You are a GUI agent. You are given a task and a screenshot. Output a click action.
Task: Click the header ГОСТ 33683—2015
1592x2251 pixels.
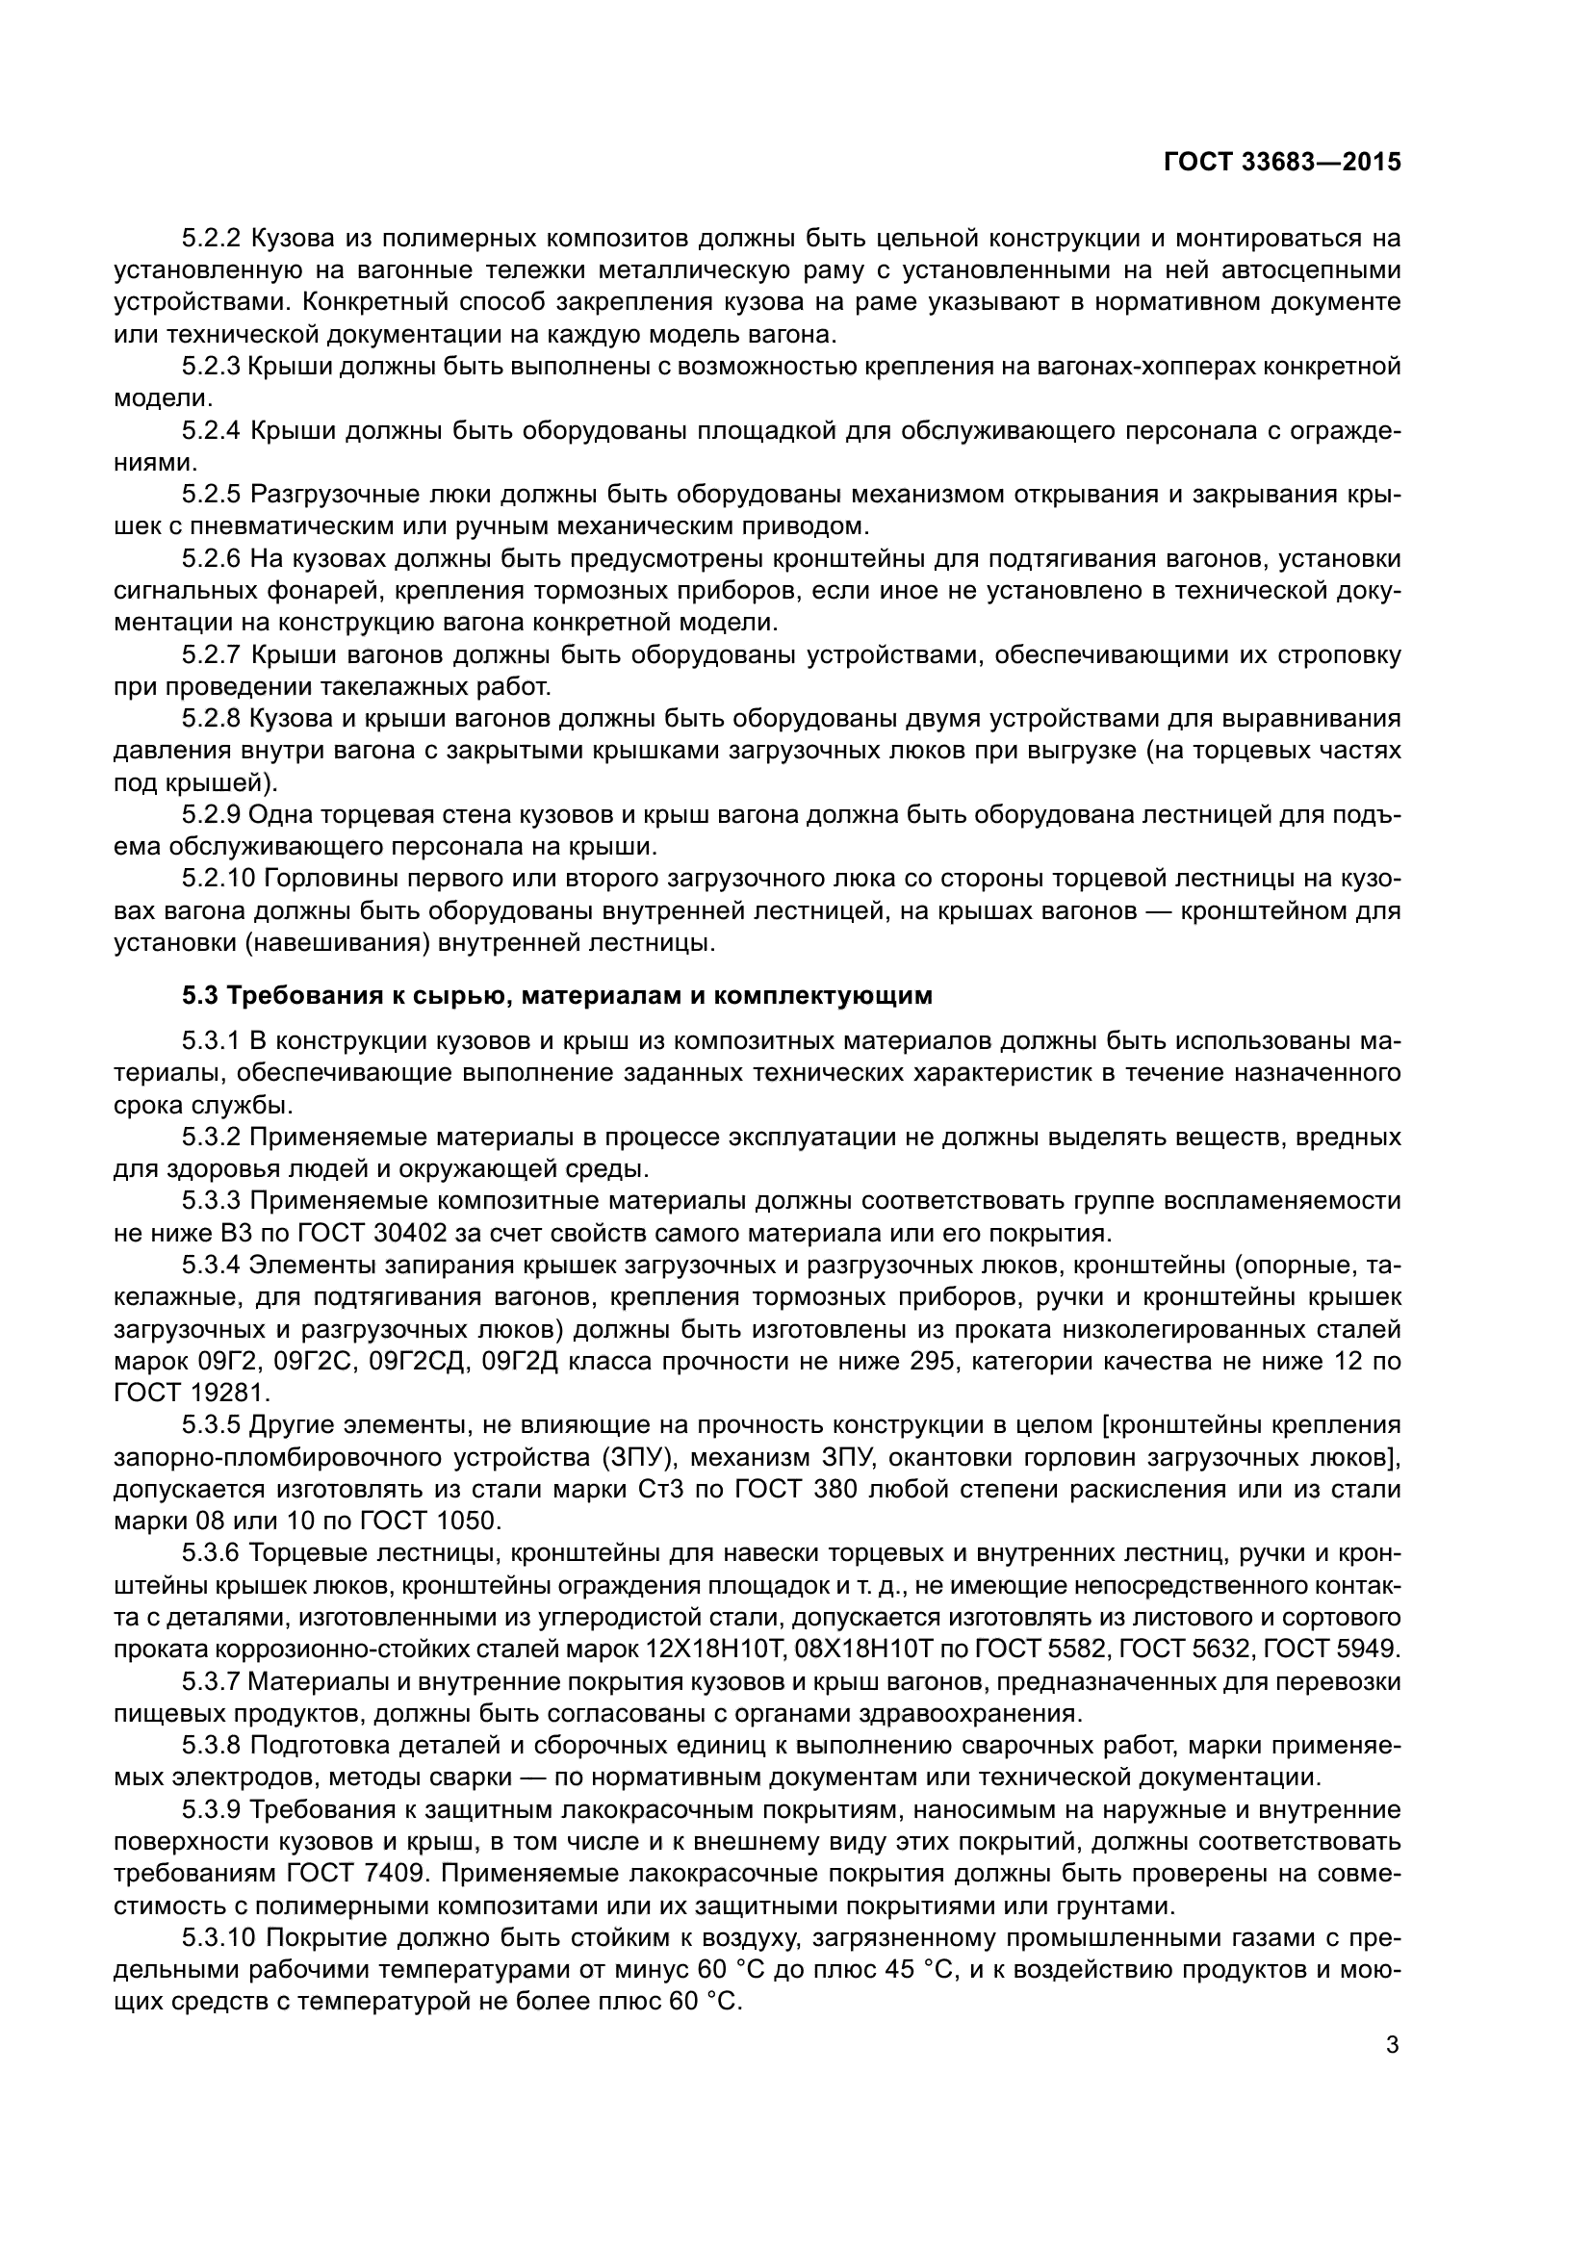(x=1281, y=163)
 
